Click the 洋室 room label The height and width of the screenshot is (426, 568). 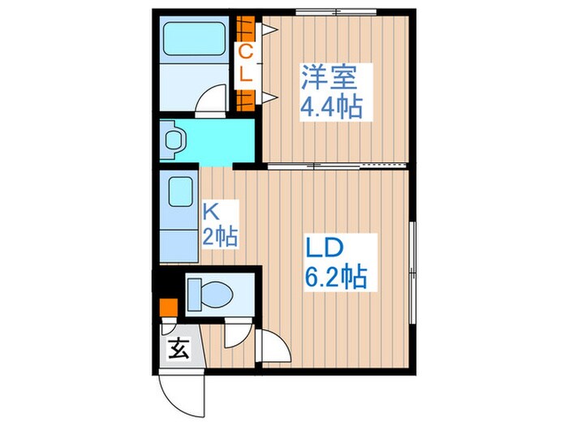pos(329,76)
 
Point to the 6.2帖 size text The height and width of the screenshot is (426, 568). pos(336,278)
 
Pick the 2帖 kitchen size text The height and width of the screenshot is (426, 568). pos(219,237)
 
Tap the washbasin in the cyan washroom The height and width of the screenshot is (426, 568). pos(174,139)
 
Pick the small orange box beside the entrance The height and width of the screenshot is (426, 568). pos(167,309)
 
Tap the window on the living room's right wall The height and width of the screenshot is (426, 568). pos(412,252)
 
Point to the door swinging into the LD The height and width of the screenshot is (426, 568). pos(274,347)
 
